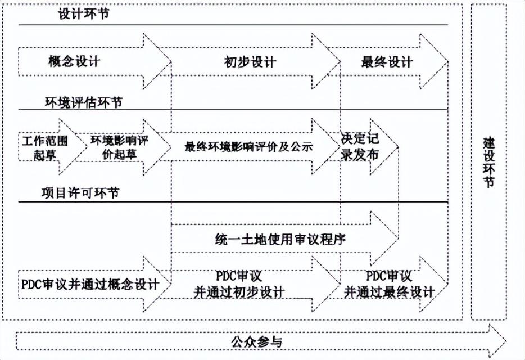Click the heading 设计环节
coord(83,14)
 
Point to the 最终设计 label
coord(386,62)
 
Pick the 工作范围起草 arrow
coord(45,147)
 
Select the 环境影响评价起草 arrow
coord(119,147)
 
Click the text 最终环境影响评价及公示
coord(248,147)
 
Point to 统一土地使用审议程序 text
coord(280,238)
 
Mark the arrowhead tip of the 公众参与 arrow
coord(506,341)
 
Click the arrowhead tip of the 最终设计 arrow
coord(448,61)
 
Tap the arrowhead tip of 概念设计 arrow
coord(170,61)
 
